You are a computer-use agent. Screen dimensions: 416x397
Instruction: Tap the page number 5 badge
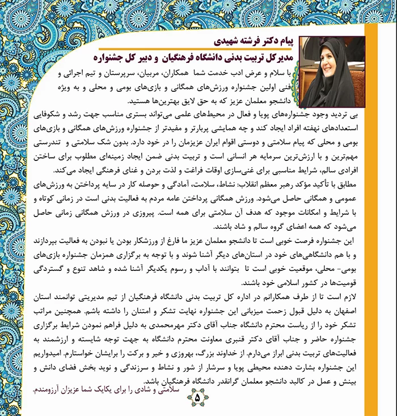pyautogui.click(x=197, y=397)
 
